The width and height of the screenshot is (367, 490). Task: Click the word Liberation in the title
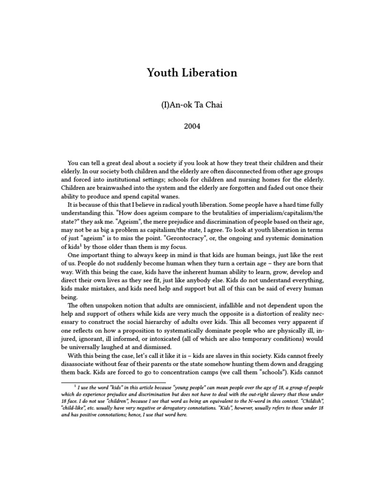pyautogui.click(x=207, y=73)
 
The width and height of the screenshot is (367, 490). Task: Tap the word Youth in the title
pyautogui.click(x=162, y=73)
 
